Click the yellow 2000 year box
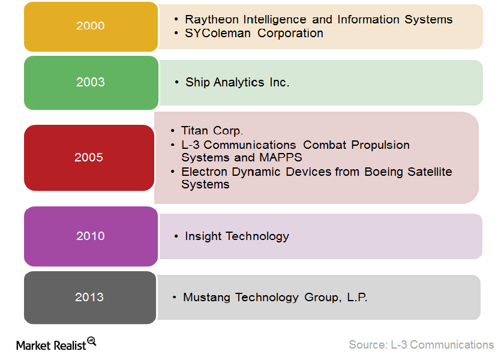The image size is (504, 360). click(91, 26)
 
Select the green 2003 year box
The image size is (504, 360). click(91, 83)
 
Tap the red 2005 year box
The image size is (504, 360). click(89, 158)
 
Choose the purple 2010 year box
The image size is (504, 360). click(91, 236)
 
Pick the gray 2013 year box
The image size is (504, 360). click(90, 298)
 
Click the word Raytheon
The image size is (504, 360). click(211, 20)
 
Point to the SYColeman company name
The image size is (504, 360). click(218, 33)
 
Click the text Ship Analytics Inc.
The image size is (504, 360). click(237, 83)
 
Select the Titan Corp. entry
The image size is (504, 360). click(212, 131)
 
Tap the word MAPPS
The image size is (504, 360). click(281, 157)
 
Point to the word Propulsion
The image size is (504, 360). click(380, 145)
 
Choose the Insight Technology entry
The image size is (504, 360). click(237, 236)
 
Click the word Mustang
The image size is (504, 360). click(206, 298)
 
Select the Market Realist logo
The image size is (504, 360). click(56, 344)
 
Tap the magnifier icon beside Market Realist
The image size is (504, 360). click(92, 341)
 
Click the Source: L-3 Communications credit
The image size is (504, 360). click(421, 344)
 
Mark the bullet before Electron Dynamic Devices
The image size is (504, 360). click(173, 172)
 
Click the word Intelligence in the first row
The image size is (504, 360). click(275, 20)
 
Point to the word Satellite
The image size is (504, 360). click(430, 172)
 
